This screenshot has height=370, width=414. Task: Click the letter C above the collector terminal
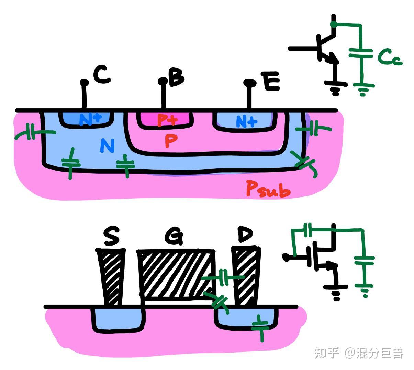(x=102, y=76)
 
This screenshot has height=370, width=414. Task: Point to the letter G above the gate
(x=174, y=237)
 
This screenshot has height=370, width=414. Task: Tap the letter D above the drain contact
(x=245, y=235)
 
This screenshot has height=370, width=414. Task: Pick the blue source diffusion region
(x=117, y=319)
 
